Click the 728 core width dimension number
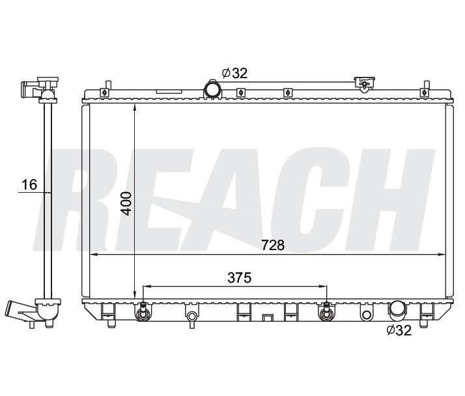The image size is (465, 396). pos(272,245)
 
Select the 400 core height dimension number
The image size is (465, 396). pos(126,203)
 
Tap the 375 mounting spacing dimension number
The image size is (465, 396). pos(239,277)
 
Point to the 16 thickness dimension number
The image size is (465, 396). pos(29,184)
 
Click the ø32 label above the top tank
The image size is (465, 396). pos(234,73)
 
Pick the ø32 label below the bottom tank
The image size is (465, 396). pos(399,330)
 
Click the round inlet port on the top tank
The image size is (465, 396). pos(212,89)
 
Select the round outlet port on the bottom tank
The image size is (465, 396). pos(397,311)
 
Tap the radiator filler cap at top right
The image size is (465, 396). pos(365,83)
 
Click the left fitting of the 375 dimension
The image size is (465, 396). pos(143,312)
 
